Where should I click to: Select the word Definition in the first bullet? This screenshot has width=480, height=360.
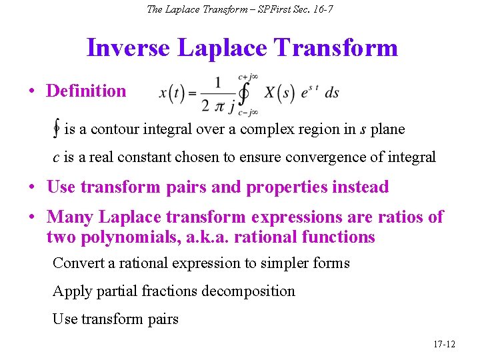click(86, 91)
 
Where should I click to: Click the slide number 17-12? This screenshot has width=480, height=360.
click(444, 344)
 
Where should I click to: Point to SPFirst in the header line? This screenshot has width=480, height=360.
click(265, 9)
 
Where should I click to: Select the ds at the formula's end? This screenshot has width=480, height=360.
click(331, 93)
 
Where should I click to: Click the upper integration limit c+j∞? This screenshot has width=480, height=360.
click(248, 77)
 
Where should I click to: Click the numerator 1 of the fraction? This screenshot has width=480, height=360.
click(219, 83)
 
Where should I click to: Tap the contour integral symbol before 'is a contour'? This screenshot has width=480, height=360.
click(57, 129)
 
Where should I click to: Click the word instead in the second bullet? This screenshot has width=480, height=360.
click(361, 187)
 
